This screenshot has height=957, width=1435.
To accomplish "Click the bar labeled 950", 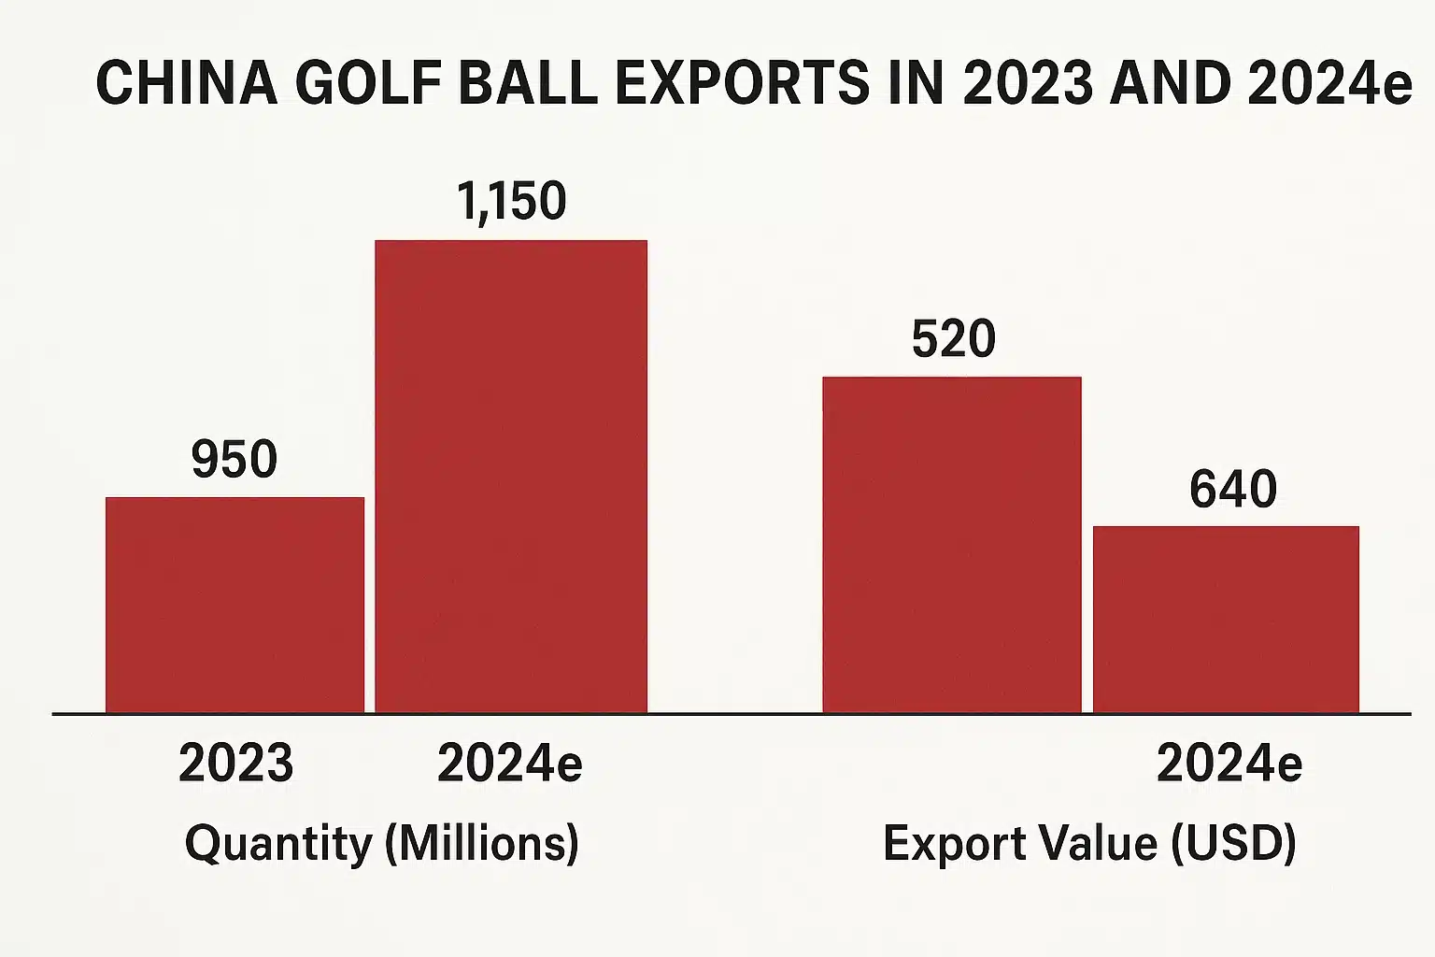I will coord(234,605).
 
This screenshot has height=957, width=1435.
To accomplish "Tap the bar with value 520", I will coord(951,545).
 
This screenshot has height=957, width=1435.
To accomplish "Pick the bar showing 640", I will coord(1226,620).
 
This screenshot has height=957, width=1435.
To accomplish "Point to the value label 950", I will coord(234,459).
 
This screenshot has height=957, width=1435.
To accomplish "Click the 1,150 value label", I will coord(511,201).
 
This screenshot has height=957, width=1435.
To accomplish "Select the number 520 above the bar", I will coord(953,338).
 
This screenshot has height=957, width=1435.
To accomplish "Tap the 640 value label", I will coord(1232,489).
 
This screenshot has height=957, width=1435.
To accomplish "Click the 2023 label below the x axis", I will coord(235,764).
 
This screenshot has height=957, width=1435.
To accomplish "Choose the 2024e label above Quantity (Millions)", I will coord(509,764).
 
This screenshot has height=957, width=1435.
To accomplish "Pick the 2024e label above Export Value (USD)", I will coord(1229,764).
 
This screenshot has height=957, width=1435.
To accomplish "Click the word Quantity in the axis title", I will coord(277,844).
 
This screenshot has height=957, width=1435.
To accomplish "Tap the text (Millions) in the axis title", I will coord(482,844).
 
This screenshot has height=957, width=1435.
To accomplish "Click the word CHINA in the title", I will coord(187,82).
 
